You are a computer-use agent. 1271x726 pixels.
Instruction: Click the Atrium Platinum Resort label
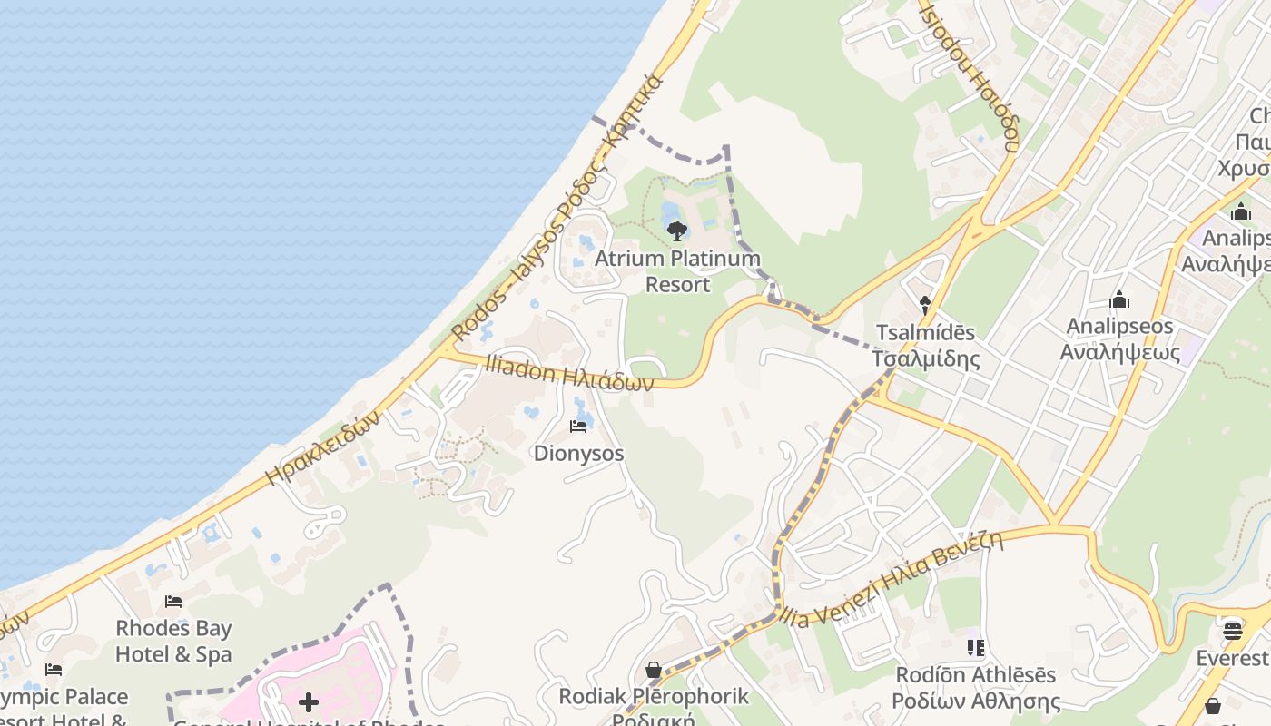point(677,271)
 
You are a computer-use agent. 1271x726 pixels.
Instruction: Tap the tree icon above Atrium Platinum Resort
point(676,231)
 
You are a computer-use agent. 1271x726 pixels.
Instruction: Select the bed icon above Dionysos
point(578,426)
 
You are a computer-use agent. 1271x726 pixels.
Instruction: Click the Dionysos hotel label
point(578,452)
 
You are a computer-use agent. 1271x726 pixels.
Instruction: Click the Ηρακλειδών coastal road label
point(322,446)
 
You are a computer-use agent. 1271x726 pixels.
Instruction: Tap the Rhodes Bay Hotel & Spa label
point(173,641)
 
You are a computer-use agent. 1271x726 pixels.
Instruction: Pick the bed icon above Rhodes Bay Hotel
point(172,602)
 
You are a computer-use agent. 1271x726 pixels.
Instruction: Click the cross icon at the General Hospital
point(309,701)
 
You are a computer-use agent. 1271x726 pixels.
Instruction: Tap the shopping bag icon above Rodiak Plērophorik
point(653,670)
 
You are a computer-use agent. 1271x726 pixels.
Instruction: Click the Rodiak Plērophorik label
point(654,697)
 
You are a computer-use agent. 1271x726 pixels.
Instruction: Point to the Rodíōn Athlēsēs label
point(976,688)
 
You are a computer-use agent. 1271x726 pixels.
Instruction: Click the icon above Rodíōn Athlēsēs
point(976,648)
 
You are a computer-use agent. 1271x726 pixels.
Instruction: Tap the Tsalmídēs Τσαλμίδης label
point(926,345)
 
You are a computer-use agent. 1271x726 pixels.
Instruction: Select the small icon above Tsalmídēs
point(925,305)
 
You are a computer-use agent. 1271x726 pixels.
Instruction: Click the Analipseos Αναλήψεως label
point(1120,338)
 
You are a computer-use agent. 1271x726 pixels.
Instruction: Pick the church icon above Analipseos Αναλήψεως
point(1119,299)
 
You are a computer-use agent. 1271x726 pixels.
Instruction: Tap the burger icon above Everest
point(1232,629)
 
